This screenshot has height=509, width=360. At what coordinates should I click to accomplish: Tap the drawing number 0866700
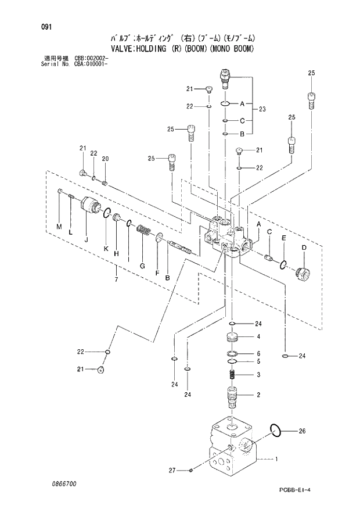tap(60, 483)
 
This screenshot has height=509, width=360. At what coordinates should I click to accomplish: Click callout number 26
tap(301, 431)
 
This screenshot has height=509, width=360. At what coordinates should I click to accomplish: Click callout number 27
tap(171, 470)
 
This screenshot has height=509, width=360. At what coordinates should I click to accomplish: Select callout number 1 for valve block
tap(276, 460)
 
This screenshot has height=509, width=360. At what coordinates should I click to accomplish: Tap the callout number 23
tap(262, 109)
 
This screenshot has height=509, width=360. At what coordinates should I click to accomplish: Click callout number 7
tap(116, 280)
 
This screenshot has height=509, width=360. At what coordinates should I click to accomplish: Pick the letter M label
tap(58, 226)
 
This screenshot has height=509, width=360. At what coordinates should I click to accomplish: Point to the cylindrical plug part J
tap(91, 206)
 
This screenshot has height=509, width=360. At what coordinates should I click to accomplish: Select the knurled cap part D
tap(303, 273)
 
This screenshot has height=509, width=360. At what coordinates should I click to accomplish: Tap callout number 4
tap(258, 337)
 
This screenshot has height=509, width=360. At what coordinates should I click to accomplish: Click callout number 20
tap(105, 159)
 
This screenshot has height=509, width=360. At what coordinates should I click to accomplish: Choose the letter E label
tap(283, 238)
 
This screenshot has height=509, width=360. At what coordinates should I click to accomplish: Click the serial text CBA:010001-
tap(91, 63)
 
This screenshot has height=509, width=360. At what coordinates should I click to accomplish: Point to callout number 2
tap(258, 395)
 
